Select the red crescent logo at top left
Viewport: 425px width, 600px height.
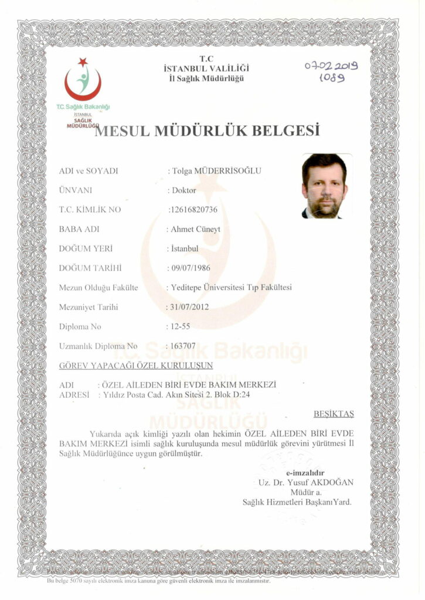[83, 82]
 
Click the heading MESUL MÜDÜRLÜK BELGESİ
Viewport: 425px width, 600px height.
[207, 130]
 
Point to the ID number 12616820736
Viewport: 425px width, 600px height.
[193, 209]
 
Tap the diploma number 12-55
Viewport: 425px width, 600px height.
[179, 326]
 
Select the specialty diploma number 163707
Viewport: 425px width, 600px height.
[182, 346]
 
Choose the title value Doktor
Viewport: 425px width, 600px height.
[182, 190]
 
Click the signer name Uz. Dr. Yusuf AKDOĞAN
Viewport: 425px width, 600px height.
[305, 482]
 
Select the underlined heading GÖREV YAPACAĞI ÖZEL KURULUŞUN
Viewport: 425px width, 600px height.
[136, 366]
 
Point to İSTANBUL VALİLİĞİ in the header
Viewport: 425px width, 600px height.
[203, 69]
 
